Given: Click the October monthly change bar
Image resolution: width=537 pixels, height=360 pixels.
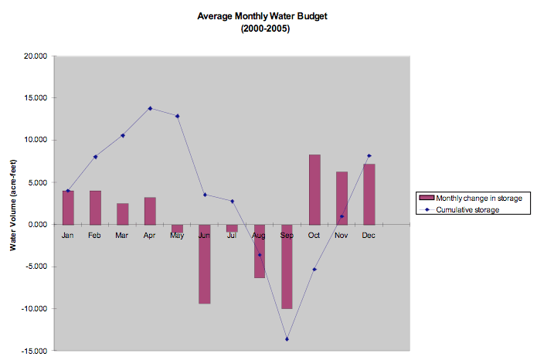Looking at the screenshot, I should tap(314, 189).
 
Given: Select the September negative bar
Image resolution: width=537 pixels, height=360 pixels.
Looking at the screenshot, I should tap(287, 267).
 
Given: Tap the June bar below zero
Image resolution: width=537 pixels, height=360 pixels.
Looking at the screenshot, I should tap(205, 263).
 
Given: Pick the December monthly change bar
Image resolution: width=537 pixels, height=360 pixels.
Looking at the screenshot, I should tap(369, 194).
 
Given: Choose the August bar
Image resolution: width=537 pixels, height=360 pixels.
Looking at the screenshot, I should tap(260, 251).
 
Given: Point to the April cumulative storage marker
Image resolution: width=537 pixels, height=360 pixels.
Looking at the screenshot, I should tap(150, 108).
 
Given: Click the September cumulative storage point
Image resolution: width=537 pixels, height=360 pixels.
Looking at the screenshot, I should tap(287, 339).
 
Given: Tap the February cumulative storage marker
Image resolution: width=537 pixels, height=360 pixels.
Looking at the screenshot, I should tap(95, 157).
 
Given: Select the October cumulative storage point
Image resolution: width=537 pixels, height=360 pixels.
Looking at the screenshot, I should tap(314, 269).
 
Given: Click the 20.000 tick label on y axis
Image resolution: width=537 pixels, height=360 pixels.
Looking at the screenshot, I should tap(36, 56).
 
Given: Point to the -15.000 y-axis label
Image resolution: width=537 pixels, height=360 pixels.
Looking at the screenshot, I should tap(35, 351).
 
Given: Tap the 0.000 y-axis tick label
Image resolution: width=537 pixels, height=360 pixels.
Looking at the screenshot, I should tap(38, 225).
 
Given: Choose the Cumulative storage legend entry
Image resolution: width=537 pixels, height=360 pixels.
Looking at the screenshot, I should tap(468, 209).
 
